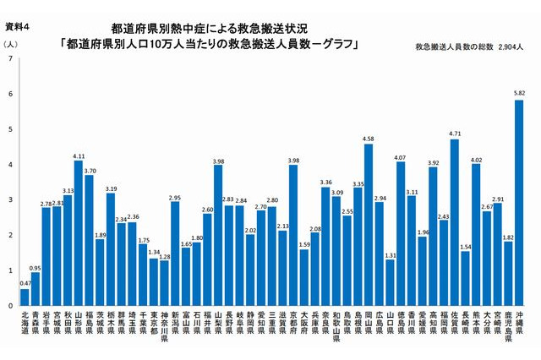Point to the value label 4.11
click(x=79, y=155)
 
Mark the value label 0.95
click(x=36, y=266)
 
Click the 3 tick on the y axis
click(x=9, y=200)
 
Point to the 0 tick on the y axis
click(x=9, y=306)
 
